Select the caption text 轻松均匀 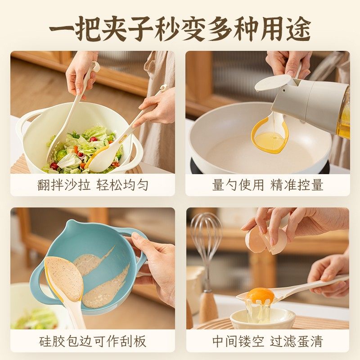click(122, 185)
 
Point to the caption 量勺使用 click(238, 185)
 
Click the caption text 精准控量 click(297, 185)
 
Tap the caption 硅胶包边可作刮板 click(93, 341)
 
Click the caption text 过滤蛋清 click(297, 341)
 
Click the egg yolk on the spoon click(260, 295)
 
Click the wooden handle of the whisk click(208, 306)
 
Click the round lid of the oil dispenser click(273, 82)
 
